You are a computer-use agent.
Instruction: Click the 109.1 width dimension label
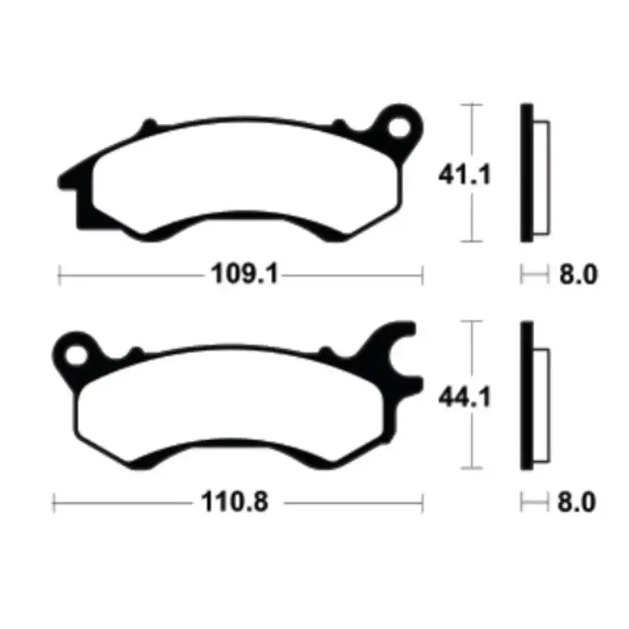tap(244, 275)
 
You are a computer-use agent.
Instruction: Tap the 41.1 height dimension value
tap(465, 173)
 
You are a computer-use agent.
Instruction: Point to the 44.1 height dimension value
tap(465, 399)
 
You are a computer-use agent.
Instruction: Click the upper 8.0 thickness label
tap(578, 275)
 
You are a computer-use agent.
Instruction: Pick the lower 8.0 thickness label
tap(578, 502)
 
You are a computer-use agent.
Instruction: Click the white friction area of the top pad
tap(244, 177)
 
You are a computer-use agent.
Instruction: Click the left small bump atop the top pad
tap(148, 126)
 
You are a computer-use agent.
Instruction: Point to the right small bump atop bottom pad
tap(326, 351)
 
